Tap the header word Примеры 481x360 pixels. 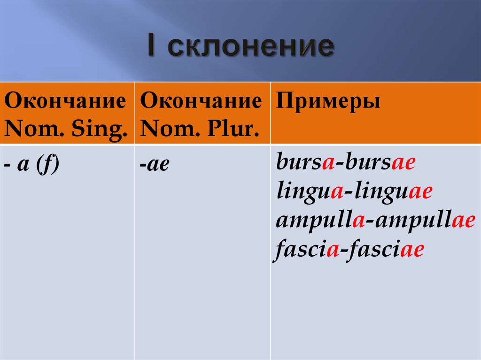[328, 101]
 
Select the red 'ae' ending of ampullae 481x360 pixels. [463, 221]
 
